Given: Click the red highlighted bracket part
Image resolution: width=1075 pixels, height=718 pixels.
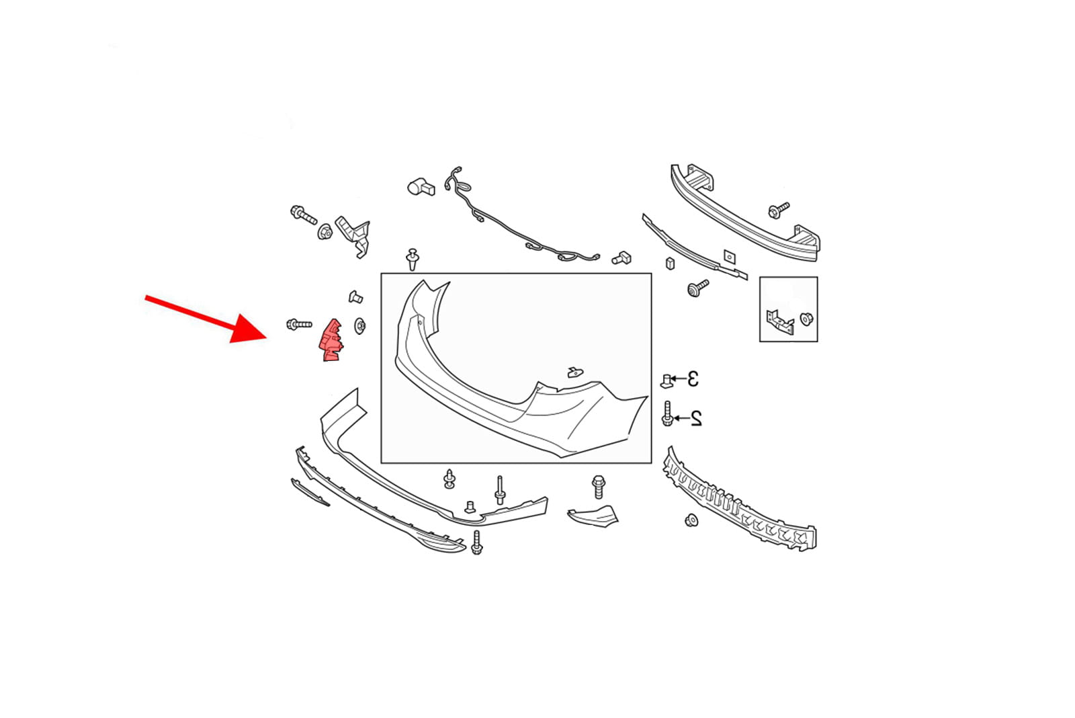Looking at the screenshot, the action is click(x=330, y=340).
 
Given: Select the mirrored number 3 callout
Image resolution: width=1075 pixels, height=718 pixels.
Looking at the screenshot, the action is click(x=693, y=379).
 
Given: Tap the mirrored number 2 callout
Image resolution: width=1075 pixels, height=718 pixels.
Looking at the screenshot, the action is click(x=696, y=418).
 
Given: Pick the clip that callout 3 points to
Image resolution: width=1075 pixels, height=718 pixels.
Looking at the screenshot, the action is click(x=666, y=381).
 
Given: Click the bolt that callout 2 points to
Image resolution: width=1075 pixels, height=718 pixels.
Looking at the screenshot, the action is click(x=667, y=413).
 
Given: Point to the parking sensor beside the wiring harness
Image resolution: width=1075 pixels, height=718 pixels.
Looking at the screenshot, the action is click(x=421, y=187).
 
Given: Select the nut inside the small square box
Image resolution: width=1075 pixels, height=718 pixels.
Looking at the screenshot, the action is click(x=807, y=319).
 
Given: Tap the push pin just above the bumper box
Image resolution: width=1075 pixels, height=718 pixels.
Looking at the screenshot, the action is click(x=413, y=260).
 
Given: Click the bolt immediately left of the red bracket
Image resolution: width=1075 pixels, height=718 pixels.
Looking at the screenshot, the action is click(x=299, y=325).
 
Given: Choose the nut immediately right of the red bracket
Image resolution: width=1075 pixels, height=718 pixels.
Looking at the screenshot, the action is click(x=360, y=326).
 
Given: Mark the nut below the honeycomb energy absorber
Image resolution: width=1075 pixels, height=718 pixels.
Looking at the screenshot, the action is click(x=691, y=520).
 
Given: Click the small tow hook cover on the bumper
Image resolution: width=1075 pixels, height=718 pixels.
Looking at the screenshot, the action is click(x=575, y=372).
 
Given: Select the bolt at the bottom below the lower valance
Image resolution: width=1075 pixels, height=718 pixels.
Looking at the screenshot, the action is click(x=476, y=543).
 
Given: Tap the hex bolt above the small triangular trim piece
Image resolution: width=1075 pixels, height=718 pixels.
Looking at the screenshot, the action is click(x=599, y=487).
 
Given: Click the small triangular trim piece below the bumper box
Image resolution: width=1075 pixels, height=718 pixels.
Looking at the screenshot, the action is click(x=594, y=516).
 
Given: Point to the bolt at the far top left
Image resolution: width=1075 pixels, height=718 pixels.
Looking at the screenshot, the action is click(x=303, y=214).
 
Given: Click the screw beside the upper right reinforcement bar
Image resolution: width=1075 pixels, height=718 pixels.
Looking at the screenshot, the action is click(x=779, y=210).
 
